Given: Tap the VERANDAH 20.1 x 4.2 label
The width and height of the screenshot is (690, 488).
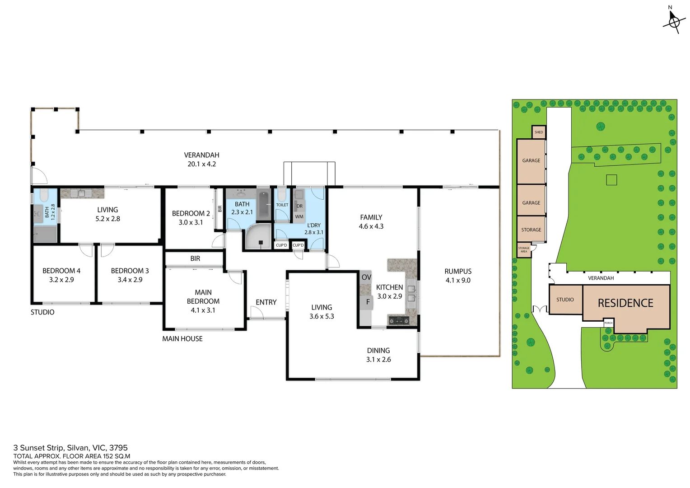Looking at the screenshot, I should pos(201,160).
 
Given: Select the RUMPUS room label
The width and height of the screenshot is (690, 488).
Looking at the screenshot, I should pos(457,272).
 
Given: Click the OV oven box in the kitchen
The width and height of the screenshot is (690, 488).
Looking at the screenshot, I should pos(366,277).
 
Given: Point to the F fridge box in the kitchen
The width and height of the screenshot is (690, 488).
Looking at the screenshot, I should pos(367,302).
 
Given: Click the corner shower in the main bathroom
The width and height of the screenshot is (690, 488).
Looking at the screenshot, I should pos(259,238).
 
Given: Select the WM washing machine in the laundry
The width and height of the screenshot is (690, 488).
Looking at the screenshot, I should pos(299,217).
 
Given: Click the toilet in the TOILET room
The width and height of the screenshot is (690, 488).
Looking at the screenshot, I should pos(282,195).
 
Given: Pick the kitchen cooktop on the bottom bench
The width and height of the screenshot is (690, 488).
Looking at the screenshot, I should pos(399,321).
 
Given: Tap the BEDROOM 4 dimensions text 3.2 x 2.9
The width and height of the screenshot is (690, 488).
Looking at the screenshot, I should pos(61,280).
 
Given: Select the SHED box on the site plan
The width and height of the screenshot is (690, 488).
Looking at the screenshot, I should pos(539,132).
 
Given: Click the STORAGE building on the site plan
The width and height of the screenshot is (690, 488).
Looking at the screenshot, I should pos(531,230).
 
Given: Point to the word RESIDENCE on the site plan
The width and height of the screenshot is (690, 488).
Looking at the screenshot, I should pos(625,303).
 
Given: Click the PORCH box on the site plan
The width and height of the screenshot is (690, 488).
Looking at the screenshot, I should pos(608,323).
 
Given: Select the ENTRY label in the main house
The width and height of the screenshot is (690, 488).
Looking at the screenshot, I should pos(266,302).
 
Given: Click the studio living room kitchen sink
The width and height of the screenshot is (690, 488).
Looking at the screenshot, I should pos(82,193).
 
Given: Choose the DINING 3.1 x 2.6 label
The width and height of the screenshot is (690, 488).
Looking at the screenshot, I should pos(378,355).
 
